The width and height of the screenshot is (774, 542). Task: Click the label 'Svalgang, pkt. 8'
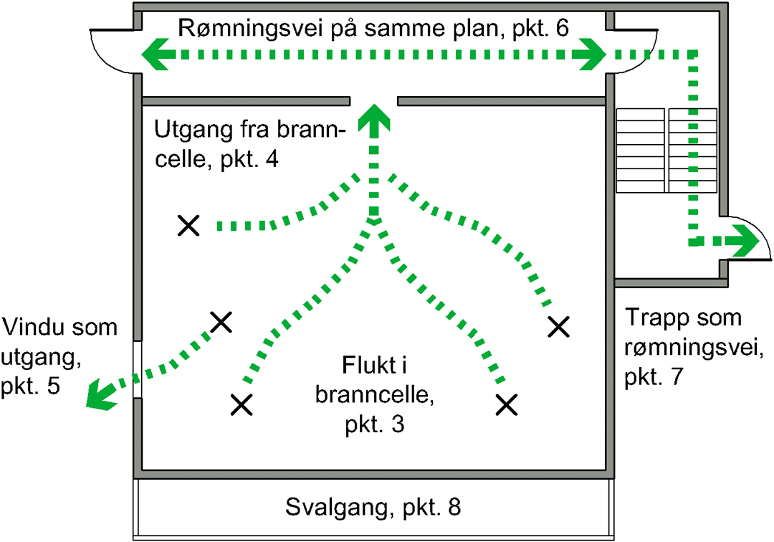click(x=372, y=508)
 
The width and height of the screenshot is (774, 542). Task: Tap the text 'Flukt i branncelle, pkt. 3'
click(x=372, y=394)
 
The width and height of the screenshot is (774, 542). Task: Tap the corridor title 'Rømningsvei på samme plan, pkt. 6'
click(x=372, y=28)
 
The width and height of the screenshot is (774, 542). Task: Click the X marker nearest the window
click(x=221, y=322)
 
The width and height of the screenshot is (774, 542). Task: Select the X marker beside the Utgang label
click(x=188, y=226)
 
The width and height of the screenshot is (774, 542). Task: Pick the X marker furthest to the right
click(x=558, y=327)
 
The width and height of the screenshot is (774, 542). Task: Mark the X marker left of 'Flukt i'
click(x=242, y=405)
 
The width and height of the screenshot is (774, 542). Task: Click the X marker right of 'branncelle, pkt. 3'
click(x=507, y=404)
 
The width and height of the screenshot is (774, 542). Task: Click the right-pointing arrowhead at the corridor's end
click(x=594, y=54)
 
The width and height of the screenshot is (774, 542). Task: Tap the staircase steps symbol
click(x=666, y=150)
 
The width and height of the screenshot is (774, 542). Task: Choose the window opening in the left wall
click(x=137, y=370)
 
